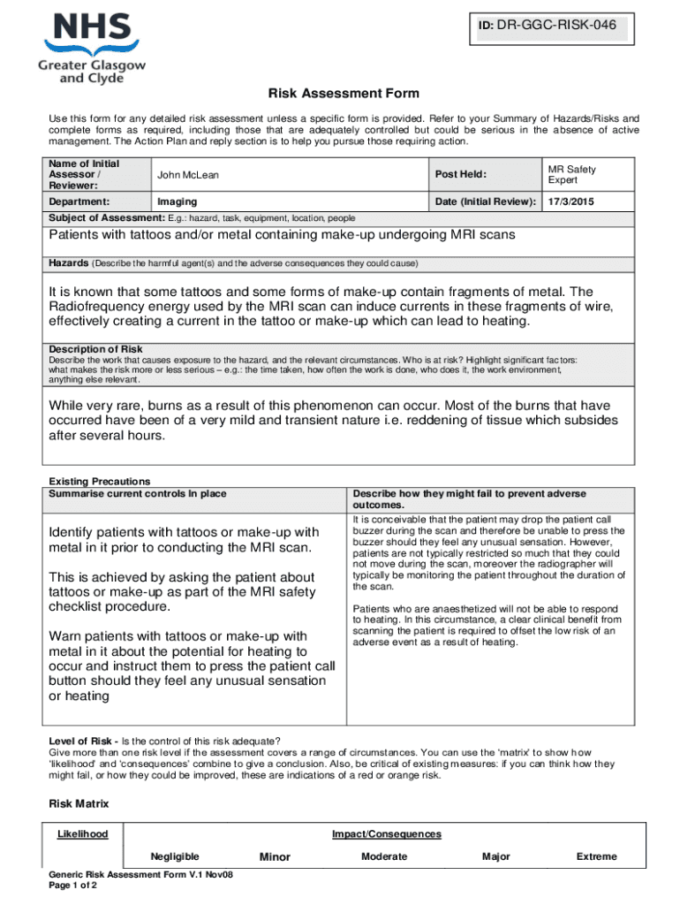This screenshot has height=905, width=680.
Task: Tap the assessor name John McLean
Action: (187, 175)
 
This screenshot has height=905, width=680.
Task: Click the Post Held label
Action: (460, 175)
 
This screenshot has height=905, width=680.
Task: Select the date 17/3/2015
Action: (571, 202)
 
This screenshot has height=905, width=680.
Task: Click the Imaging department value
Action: (177, 202)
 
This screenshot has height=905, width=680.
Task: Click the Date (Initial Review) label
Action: (485, 202)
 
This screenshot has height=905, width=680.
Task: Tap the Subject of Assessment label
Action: (101, 217)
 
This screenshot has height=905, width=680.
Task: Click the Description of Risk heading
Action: (95, 349)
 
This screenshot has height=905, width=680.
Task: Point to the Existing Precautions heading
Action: (99, 482)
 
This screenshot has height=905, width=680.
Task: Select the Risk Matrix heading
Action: (79, 803)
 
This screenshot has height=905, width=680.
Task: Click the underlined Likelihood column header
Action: (82, 834)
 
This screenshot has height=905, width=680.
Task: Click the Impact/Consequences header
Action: (386, 834)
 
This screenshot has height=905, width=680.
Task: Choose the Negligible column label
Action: (174, 856)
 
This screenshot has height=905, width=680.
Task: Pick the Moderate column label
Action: (384, 856)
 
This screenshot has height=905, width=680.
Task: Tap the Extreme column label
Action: (596, 856)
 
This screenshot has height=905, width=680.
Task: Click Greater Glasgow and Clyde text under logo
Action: (92, 71)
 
